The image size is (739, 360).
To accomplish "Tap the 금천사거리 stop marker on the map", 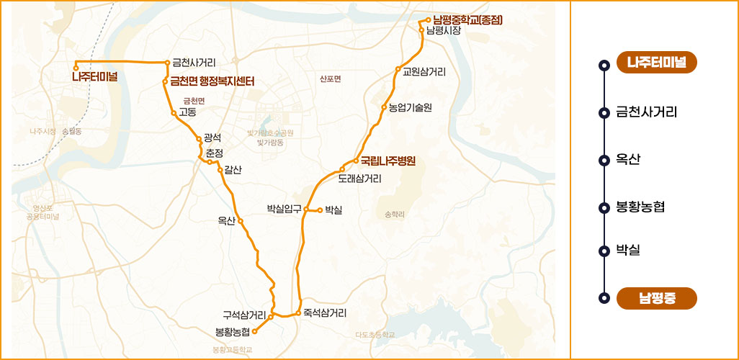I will (x=167, y=63).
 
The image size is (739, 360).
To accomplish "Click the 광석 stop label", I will (x=212, y=137).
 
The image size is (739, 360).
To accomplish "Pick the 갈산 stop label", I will (x=233, y=169).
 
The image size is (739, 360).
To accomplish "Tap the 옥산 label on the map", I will (x=226, y=220).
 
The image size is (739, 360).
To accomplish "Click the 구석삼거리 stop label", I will (x=244, y=314).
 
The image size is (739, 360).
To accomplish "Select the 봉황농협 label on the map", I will (x=233, y=331).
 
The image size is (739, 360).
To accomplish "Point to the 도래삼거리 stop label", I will (x=359, y=178).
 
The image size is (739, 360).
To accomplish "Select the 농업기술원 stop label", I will (x=410, y=107).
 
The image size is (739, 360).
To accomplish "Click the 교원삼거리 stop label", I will (x=424, y=71).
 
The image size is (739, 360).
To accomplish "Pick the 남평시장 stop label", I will (x=443, y=31).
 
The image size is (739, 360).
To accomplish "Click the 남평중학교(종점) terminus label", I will (x=467, y=19).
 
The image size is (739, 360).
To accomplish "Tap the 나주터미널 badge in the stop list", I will (x=657, y=63).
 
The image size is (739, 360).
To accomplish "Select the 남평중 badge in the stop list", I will (x=657, y=297).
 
